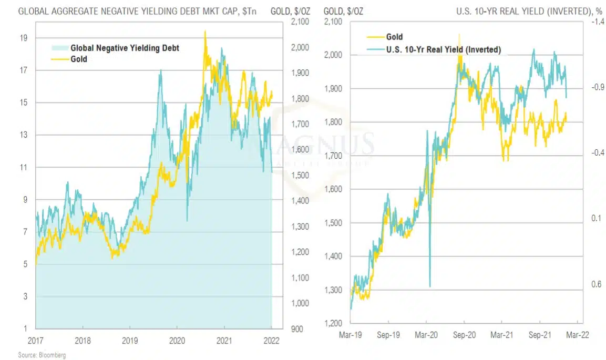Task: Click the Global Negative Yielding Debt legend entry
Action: click(x=125, y=48)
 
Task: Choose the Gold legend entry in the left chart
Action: click(x=79, y=59)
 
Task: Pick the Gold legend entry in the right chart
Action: click(x=394, y=37)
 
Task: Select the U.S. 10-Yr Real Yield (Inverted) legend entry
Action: click(x=443, y=49)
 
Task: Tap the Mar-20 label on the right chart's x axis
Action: click(x=426, y=334)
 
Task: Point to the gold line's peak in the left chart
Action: click(x=204, y=32)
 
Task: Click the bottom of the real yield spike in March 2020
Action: click(x=430, y=286)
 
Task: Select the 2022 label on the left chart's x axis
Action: click(x=272, y=341)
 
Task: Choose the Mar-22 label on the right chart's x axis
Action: click(x=578, y=334)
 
